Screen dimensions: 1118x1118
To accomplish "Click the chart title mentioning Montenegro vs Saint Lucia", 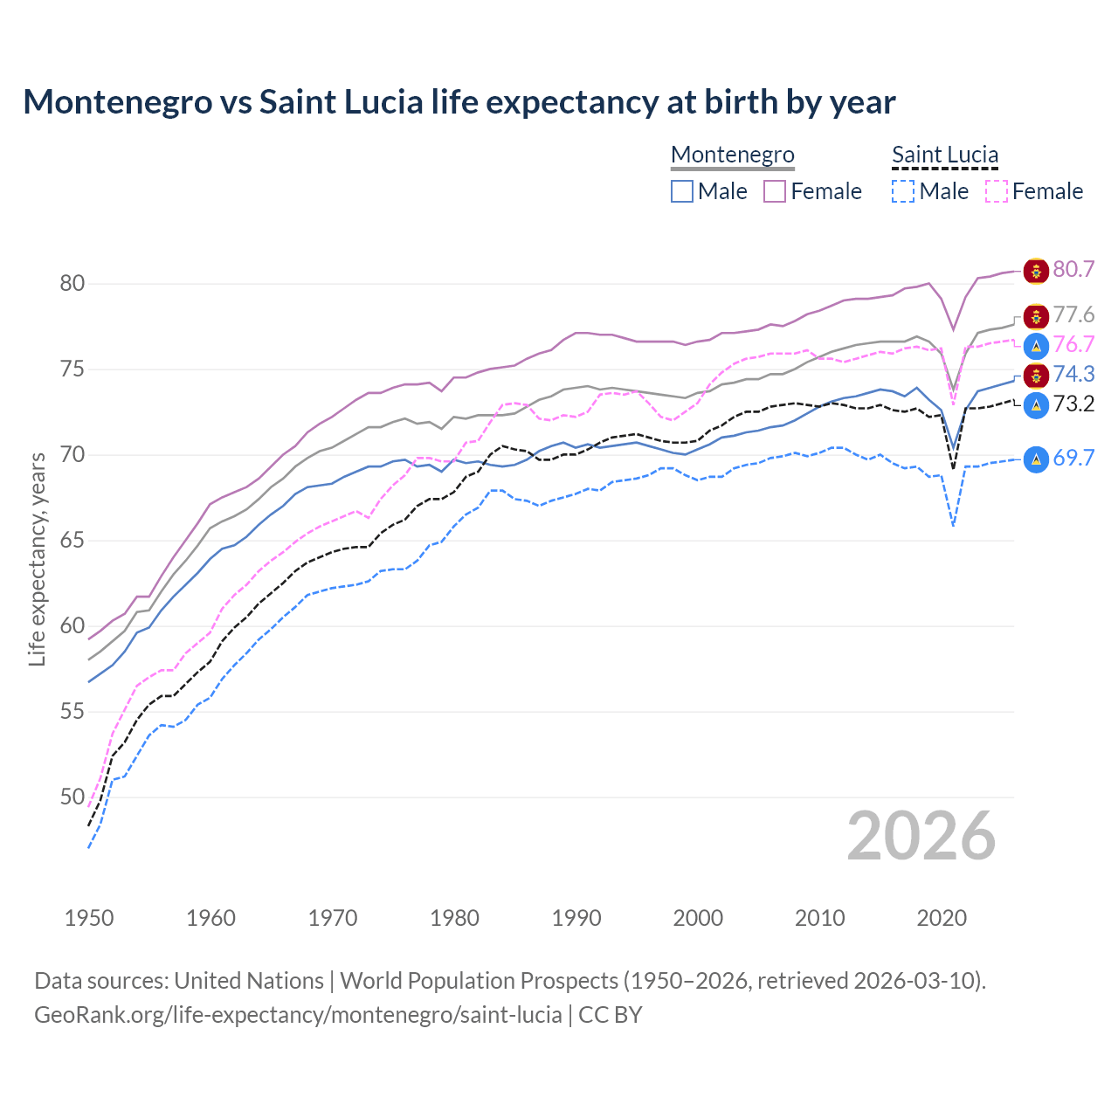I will [x=459, y=102].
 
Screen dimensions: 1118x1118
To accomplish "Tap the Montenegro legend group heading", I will [x=733, y=155].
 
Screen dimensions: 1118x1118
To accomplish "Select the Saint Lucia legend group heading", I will [x=945, y=155].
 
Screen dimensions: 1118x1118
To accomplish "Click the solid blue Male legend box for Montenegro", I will [x=682, y=191].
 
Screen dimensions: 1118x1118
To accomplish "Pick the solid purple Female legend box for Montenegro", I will [x=775, y=191].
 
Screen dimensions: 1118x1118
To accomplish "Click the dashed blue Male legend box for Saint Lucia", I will [x=903, y=191].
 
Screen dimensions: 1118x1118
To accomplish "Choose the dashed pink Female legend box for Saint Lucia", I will [x=996, y=191].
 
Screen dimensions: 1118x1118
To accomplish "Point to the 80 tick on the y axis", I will [x=72, y=284].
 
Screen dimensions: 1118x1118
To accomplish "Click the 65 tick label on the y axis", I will [x=72, y=541].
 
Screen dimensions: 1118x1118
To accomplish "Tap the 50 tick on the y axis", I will [x=72, y=797].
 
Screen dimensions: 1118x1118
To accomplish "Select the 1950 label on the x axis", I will [x=89, y=918].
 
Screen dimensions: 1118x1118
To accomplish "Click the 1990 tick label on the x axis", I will [x=576, y=918].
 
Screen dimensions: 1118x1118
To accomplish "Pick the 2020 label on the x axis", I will [x=942, y=918].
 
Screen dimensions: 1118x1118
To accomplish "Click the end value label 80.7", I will [x=1073, y=270].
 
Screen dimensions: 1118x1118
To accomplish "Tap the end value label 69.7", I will [x=1073, y=459].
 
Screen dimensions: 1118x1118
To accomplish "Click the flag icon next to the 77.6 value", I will [x=1036, y=316].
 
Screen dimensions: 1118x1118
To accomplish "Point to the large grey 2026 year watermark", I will [x=921, y=837].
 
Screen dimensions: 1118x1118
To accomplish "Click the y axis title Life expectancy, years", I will [x=37, y=559].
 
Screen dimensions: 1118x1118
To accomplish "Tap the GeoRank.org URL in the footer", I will [x=298, y=1015].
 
